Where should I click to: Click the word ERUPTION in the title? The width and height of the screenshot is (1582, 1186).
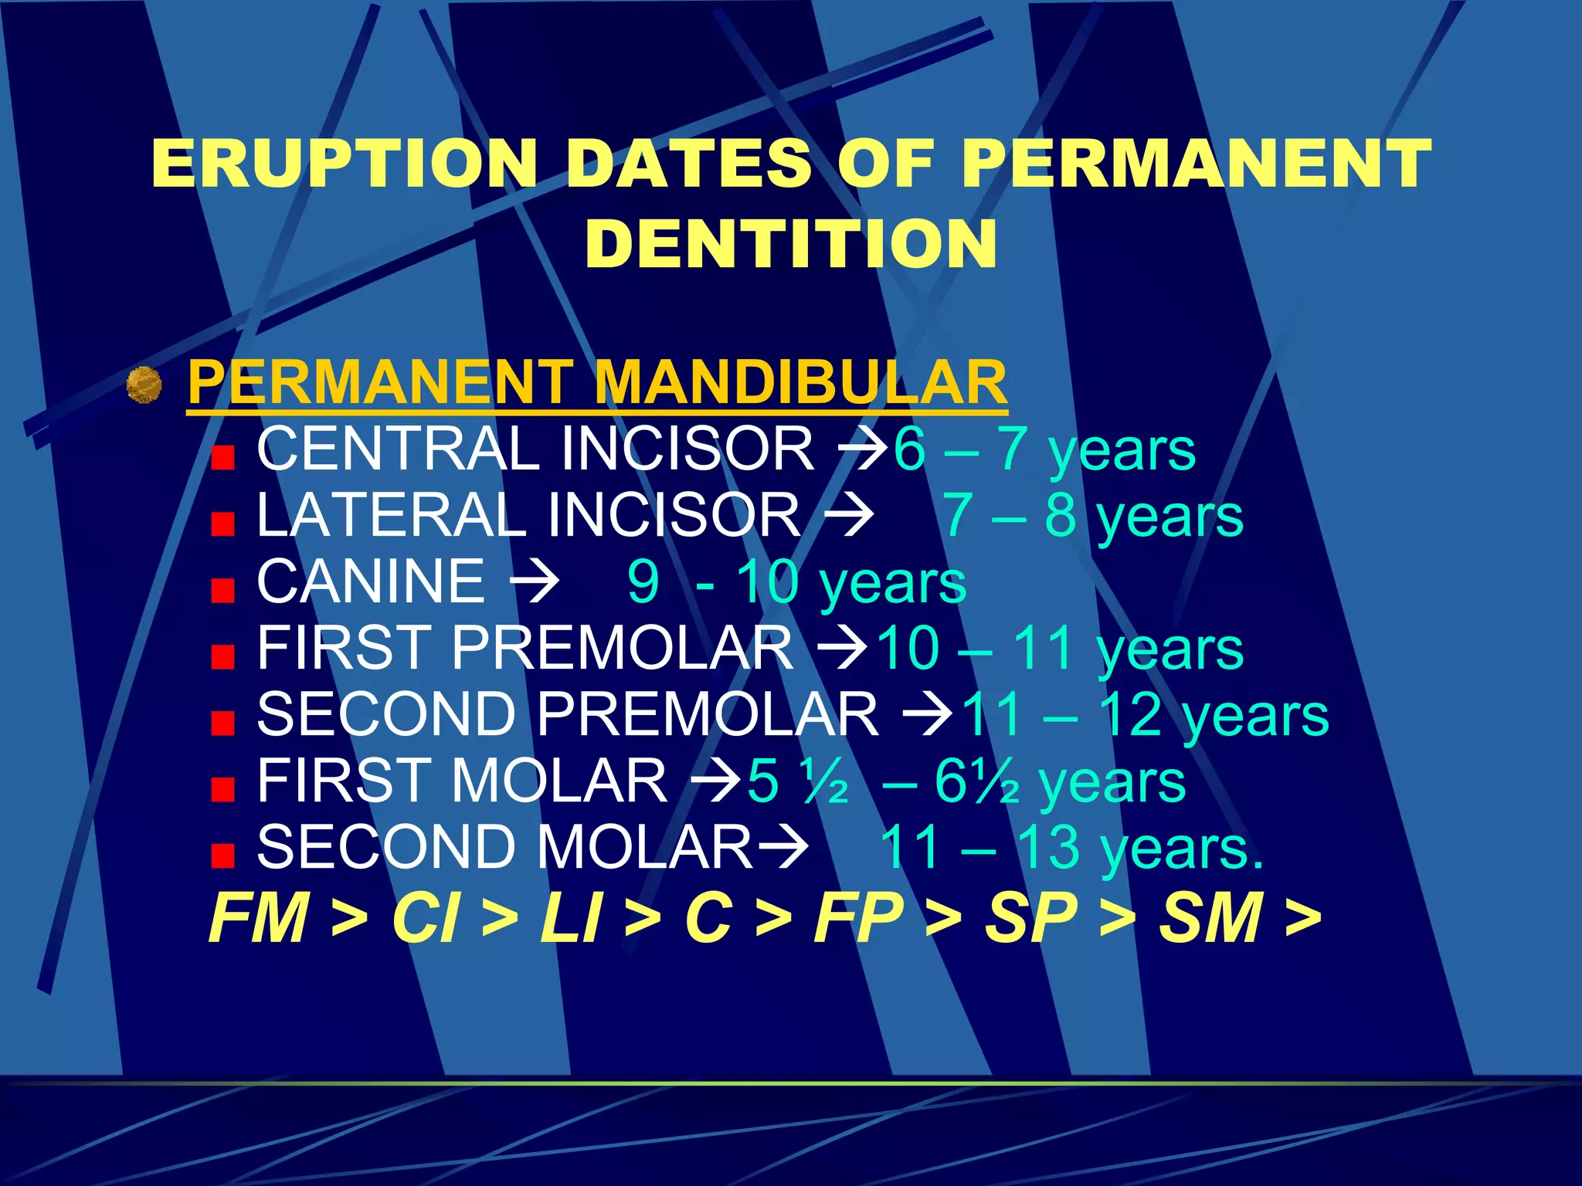345,163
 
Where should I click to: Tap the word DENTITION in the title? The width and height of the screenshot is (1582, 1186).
791,244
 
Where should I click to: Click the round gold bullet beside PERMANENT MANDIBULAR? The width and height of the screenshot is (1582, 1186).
144,385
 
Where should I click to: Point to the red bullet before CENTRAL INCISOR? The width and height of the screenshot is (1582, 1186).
222,459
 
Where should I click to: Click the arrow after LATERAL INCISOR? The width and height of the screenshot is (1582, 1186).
848,515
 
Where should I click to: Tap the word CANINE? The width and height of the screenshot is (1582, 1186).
371,581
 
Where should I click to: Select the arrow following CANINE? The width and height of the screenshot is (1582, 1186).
533,582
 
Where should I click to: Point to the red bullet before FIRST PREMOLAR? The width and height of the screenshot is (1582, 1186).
222,657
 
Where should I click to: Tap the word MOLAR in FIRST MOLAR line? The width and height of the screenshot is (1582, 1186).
559,781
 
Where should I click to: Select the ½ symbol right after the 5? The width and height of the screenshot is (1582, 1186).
825,781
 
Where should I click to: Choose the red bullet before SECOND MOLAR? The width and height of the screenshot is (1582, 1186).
222,856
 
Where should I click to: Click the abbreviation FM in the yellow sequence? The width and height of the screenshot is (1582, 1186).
260,918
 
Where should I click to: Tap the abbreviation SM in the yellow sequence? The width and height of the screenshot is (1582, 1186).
1210,918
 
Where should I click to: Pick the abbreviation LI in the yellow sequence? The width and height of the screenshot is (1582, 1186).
570,918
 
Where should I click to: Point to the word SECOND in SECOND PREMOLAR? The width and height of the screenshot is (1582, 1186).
386,714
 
